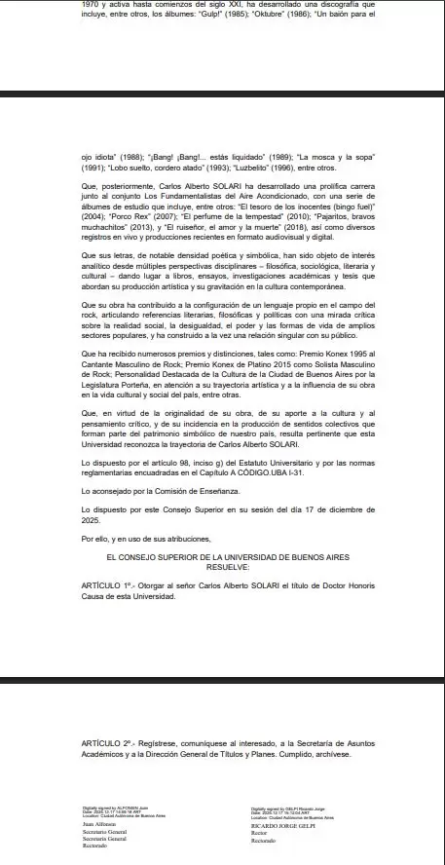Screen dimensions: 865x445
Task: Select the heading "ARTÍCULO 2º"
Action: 108,743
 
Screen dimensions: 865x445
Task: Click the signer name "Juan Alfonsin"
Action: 98,824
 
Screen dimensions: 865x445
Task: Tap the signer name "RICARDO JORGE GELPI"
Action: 284,825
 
